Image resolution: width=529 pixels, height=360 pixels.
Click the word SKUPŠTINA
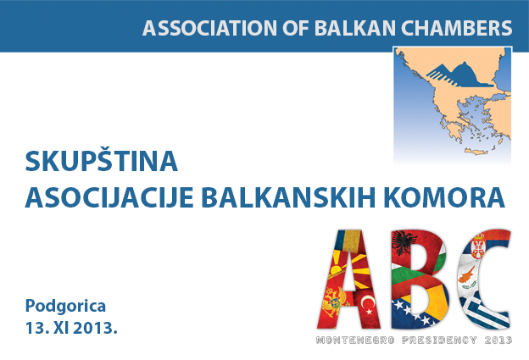point(101,160)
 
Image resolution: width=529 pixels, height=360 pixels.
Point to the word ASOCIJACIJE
point(109,197)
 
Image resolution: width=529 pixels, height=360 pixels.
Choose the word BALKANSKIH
point(288,197)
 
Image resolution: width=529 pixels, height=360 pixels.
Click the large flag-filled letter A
point(349,279)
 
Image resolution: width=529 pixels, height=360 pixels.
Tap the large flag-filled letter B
point(420,279)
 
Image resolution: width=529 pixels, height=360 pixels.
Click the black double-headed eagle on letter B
point(402,242)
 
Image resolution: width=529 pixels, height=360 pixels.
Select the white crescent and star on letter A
point(368,304)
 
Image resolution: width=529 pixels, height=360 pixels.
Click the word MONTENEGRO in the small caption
point(355,341)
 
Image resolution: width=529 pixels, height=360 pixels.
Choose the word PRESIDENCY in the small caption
point(440,341)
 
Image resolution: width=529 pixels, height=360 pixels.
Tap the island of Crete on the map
point(476,152)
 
